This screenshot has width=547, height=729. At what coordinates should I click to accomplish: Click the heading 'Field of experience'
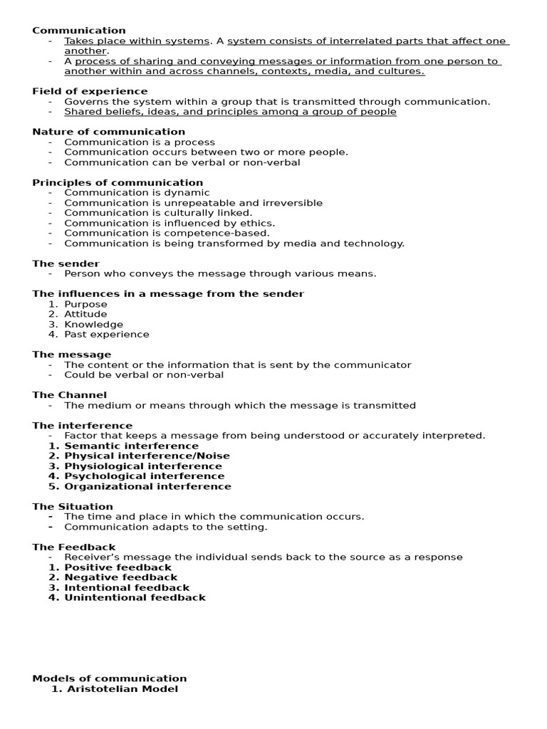(x=90, y=91)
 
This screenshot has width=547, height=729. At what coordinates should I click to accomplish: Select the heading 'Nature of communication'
(x=108, y=132)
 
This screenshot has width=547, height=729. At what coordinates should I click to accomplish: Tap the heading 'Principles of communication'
(x=118, y=182)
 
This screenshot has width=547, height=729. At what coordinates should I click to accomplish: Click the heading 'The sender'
(x=66, y=263)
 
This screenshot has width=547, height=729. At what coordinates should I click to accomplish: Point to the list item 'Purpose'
(x=85, y=304)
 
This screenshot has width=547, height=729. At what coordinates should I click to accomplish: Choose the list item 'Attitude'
(x=85, y=314)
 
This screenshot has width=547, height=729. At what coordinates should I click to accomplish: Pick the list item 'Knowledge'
(x=93, y=325)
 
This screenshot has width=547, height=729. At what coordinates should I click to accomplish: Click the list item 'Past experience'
(x=107, y=335)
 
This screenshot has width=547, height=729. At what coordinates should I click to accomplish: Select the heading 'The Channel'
(x=69, y=395)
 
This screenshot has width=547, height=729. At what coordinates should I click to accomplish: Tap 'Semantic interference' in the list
(x=131, y=446)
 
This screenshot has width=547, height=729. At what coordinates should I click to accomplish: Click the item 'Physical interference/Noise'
(x=147, y=456)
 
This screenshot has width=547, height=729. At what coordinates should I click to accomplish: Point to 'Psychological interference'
(x=144, y=476)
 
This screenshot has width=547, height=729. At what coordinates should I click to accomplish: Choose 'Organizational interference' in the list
(x=147, y=486)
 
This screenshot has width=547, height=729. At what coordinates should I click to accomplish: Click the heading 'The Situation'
(x=73, y=507)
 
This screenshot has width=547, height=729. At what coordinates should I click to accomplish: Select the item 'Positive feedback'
(x=118, y=567)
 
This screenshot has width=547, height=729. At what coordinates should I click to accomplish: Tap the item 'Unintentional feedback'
(x=135, y=598)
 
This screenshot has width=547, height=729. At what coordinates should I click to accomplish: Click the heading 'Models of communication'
(x=110, y=678)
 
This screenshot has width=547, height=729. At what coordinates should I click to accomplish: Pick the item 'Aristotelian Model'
(x=122, y=689)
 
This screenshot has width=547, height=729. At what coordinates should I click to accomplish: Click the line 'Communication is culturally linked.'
(x=158, y=213)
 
